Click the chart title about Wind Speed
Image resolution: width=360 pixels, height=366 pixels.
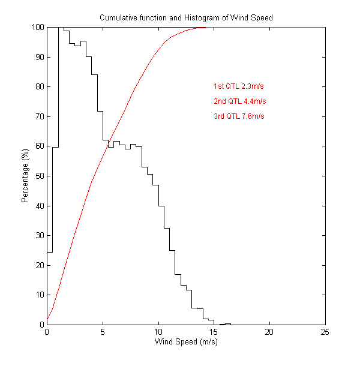pos(186,18)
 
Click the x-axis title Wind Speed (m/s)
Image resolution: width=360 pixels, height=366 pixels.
pos(186,343)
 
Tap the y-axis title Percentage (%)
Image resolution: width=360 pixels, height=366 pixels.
pos(25,176)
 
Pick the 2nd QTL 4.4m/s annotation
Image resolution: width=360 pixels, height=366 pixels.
pos(239,101)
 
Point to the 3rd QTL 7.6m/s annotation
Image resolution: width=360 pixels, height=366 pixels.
pos(239,116)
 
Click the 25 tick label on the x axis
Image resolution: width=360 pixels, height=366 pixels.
pos(325,333)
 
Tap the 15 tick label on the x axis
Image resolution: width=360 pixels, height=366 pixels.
pos(214,333)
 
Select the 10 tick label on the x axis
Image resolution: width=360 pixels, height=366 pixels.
pos(158,333)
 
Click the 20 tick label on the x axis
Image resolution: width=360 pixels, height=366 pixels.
pos(269,333)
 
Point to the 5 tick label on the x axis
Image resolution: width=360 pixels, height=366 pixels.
pos(103,333)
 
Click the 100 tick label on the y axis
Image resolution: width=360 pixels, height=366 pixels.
pos(37,28)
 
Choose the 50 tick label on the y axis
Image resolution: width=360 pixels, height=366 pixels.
pos(39,176)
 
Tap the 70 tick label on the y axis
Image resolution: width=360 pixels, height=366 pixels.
pos(39,116)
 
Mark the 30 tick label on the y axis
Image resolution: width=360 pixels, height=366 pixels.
pos(39,235)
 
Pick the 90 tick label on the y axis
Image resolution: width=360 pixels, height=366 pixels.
pos(39,57)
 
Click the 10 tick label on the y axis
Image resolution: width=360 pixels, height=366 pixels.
pos(39,295)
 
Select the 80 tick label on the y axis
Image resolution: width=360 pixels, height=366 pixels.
pos(39,87)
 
